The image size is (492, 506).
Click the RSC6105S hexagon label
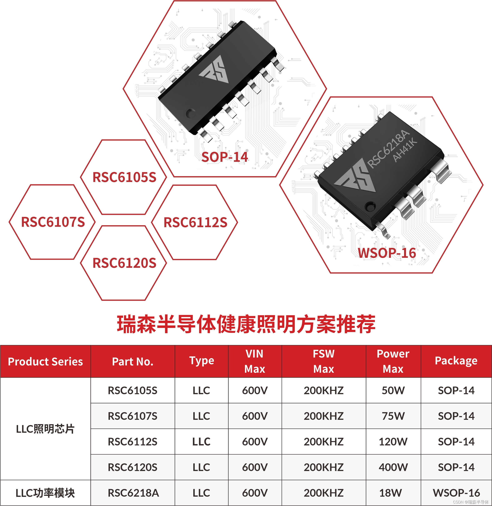tap(124, 177)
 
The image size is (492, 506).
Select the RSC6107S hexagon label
tap(53, 222)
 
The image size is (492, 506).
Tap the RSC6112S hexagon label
tap(195, 222)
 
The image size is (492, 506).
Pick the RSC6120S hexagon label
tap(124, 263)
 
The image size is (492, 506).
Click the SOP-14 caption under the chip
tap(225, 157)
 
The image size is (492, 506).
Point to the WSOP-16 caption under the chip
tap(387, 253)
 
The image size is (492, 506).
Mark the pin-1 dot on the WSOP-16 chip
tap(371, 206)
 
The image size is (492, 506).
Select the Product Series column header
tap(45, 361)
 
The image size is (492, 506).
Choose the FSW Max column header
tap(323, 361)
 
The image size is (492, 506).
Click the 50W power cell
tap(393, 390)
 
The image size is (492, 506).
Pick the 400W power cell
tap(393, 467)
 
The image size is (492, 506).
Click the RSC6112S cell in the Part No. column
tap(132, 441)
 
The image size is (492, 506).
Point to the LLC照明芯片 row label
tap(45, 429)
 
